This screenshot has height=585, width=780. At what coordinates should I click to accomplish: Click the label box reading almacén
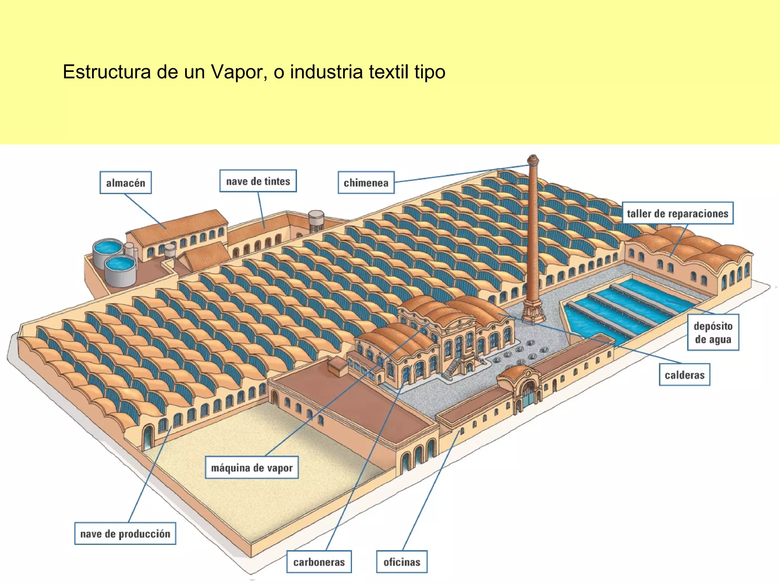coord(126,183)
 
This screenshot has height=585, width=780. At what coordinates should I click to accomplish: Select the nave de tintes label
coord(258,181)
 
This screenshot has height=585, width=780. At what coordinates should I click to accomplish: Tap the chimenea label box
coord(366,183)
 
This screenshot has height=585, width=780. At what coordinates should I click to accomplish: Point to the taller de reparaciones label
coord(678,213)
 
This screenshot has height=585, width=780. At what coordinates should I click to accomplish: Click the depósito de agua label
coord(713,332)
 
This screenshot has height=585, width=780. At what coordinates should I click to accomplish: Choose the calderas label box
coord(684,375)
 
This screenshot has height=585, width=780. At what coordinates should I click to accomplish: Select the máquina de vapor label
coord(252,468)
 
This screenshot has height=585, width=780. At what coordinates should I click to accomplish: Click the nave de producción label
coord(125,534)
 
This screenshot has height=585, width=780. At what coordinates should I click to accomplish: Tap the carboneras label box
coord(319,562)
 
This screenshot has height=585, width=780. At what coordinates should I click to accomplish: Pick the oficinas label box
coord(402,562)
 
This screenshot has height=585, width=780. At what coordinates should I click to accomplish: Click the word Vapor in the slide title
coord(236,72)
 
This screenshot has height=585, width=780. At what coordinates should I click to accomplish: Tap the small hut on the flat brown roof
coord(338,366)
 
